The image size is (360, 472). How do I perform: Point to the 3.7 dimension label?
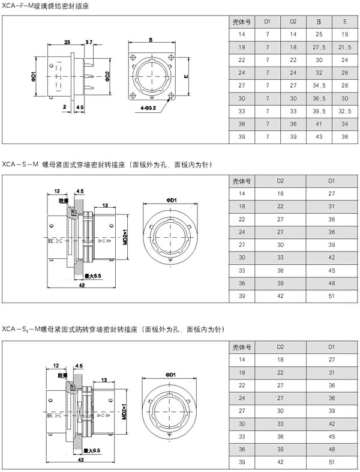tap(89, 42)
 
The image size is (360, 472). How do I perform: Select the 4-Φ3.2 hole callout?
tap(147, 107)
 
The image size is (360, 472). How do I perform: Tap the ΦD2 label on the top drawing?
tap(107, 76)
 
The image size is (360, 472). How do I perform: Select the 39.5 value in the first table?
tap(319, 112)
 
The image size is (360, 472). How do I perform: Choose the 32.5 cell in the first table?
tap(345, 112)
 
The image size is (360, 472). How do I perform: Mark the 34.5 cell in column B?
tap(319, 85)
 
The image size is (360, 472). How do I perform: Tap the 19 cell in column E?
tap(345, 34)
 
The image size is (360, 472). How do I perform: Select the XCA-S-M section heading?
tap(21, 163)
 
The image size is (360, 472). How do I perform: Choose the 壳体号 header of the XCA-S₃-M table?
tap(242, 346)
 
